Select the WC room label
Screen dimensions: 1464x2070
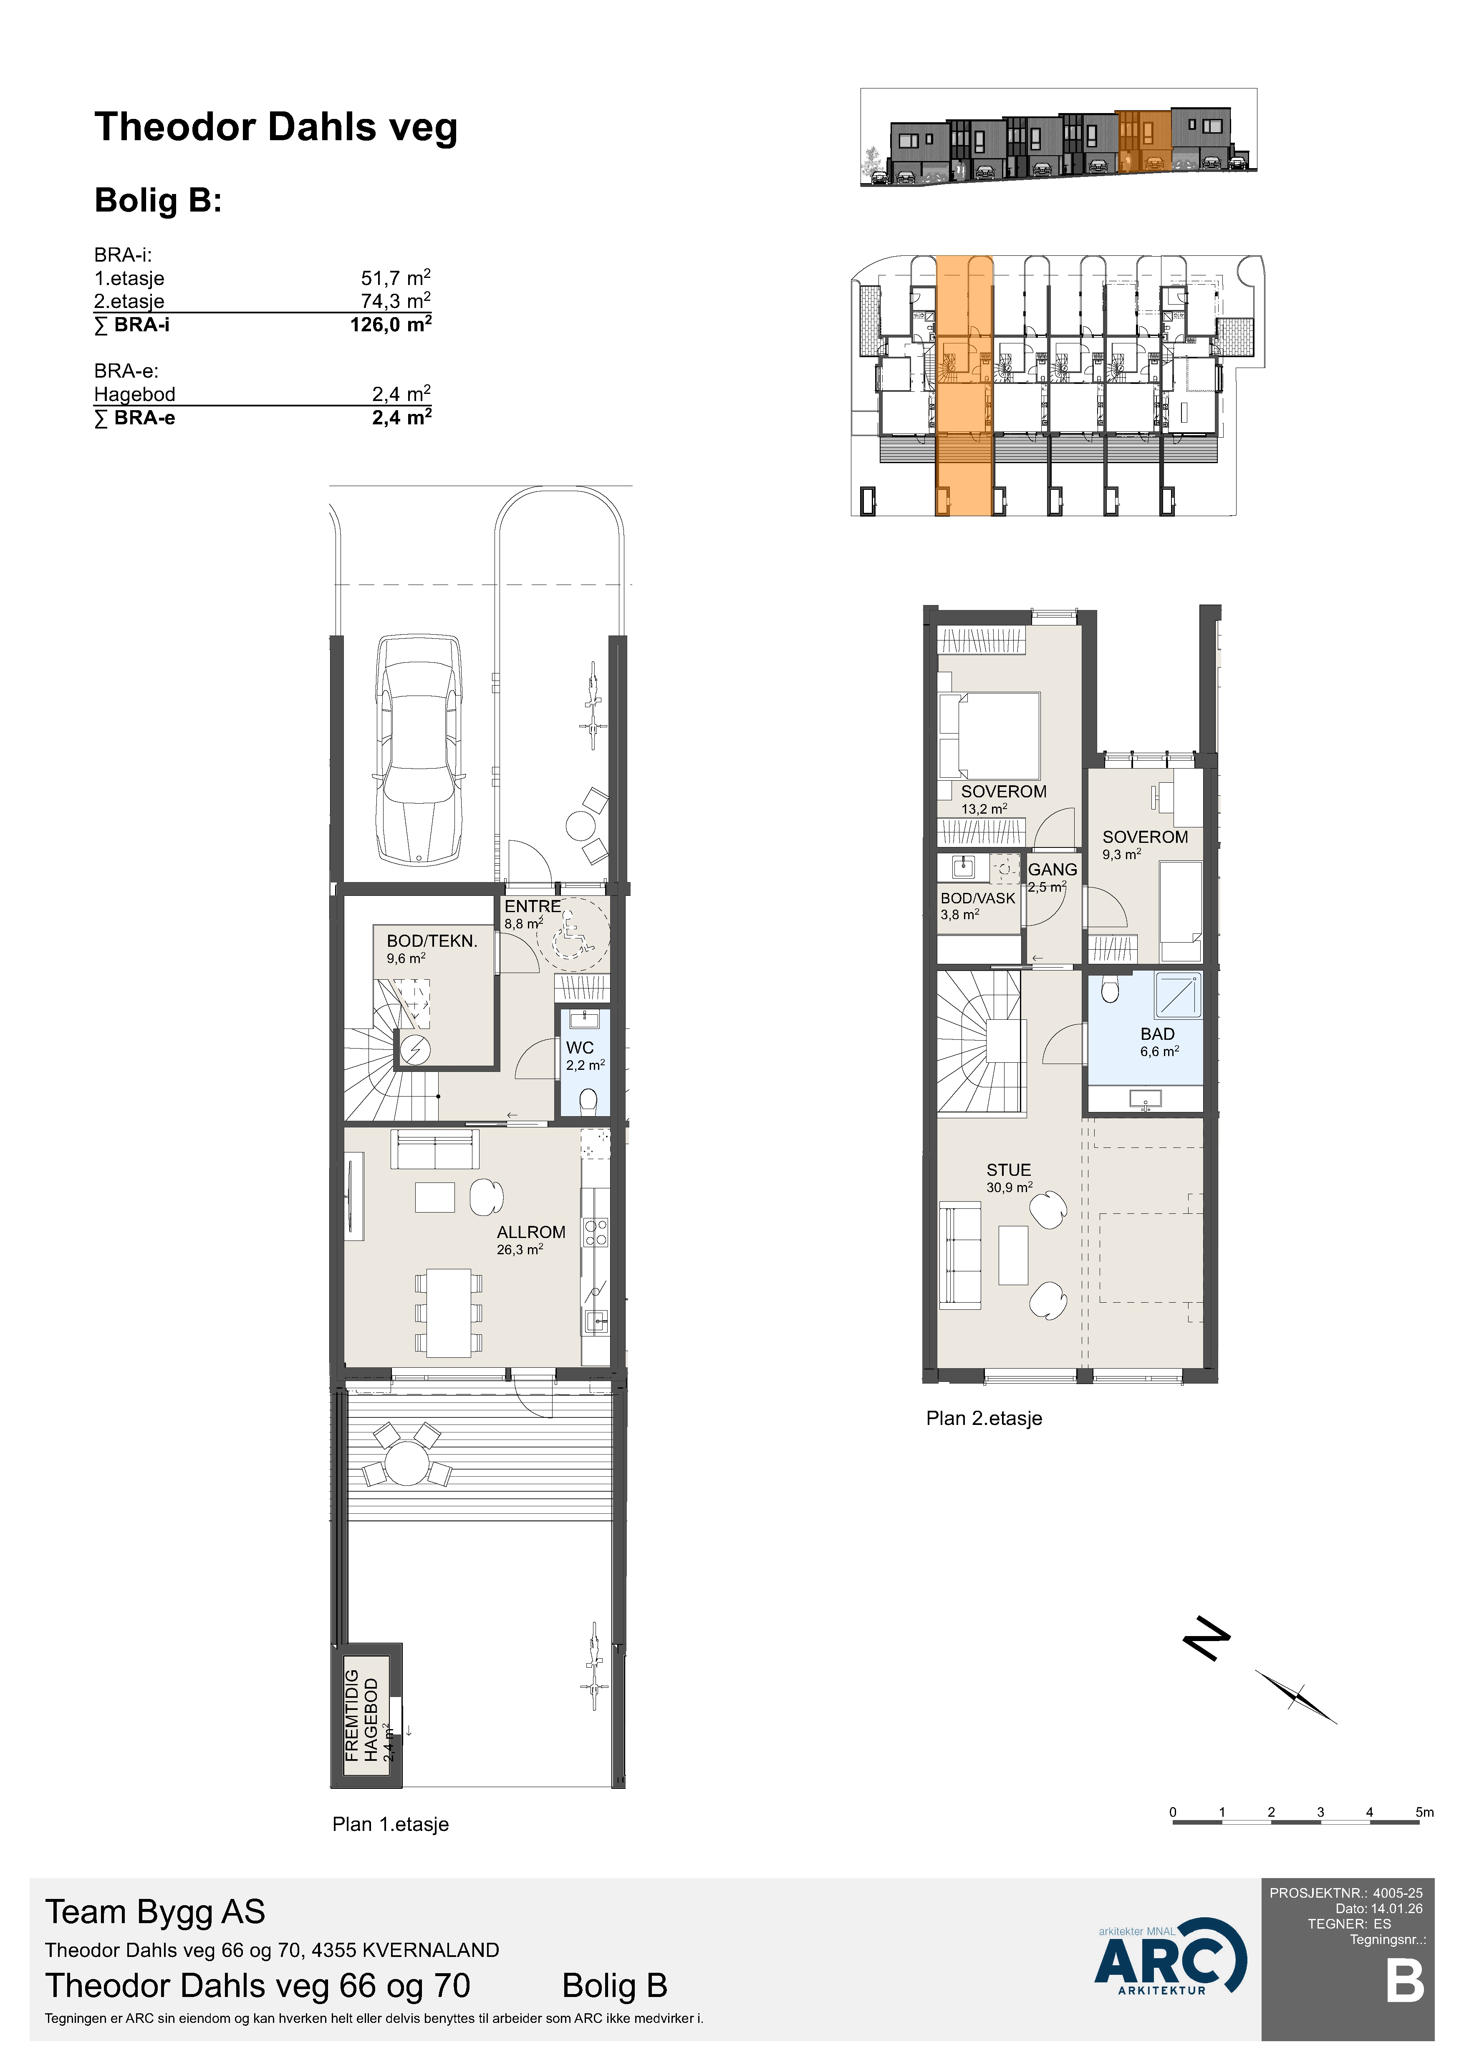tap(580, 1048)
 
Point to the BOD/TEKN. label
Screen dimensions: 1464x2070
tap(432, 941)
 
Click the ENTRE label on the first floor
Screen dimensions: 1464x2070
tap(532, 906)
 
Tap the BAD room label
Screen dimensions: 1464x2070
tap(1158, 1034)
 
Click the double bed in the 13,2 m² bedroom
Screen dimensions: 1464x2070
tap(989, 736)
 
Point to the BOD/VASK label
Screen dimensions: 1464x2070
tap(978, 898)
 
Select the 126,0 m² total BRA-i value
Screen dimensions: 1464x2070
tap(390, 325)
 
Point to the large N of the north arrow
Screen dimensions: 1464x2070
tap(1206, 1638)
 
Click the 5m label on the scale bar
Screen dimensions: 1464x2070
tap(1424, 1812)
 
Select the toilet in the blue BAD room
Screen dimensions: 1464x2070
tap(1110, 989)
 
